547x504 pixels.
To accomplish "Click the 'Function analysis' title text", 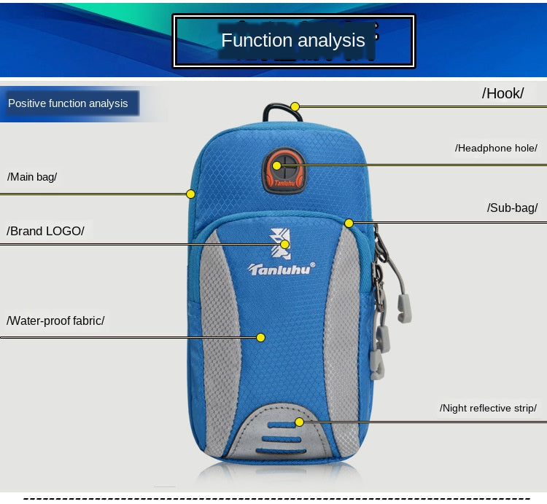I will click(293, 40).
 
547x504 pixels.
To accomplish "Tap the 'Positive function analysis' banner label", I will click(68, 103).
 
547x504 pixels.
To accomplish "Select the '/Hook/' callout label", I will click(503, 93).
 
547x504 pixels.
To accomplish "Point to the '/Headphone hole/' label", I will click(496, 148).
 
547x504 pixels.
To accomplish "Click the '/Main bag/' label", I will click(32, 176).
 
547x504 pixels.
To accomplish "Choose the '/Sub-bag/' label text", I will click(512, 208).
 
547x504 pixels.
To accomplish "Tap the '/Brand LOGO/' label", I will click(46, 231).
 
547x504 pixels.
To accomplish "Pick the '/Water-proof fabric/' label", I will click(56, 320).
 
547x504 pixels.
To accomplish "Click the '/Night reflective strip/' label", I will click(488, 408).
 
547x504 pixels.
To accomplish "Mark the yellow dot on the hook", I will click(295, 106).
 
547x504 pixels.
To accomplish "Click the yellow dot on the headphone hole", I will click(277, 165).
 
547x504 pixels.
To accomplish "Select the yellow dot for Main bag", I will click(190, 194).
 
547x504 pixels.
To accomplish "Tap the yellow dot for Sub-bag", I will click(349, 222).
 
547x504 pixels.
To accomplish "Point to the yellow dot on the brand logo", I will click(285, 245).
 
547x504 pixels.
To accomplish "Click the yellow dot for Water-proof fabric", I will click(260, 337).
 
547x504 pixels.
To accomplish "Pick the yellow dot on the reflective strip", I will click(299, 422).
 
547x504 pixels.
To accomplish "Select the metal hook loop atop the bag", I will click(273, 111).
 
